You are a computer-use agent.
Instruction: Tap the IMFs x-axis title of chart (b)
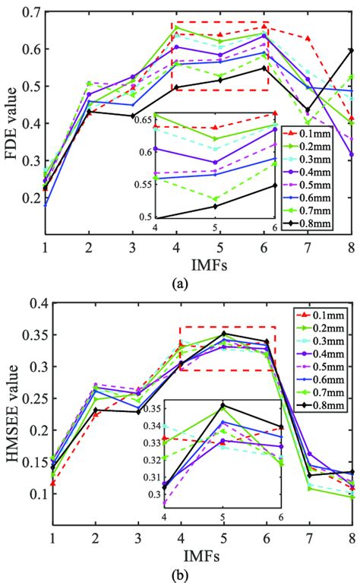click(x=197, y=551)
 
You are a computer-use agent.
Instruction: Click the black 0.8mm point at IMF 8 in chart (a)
click(x=350, y=50)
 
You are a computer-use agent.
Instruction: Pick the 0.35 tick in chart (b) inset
click(x=148, y=409)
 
